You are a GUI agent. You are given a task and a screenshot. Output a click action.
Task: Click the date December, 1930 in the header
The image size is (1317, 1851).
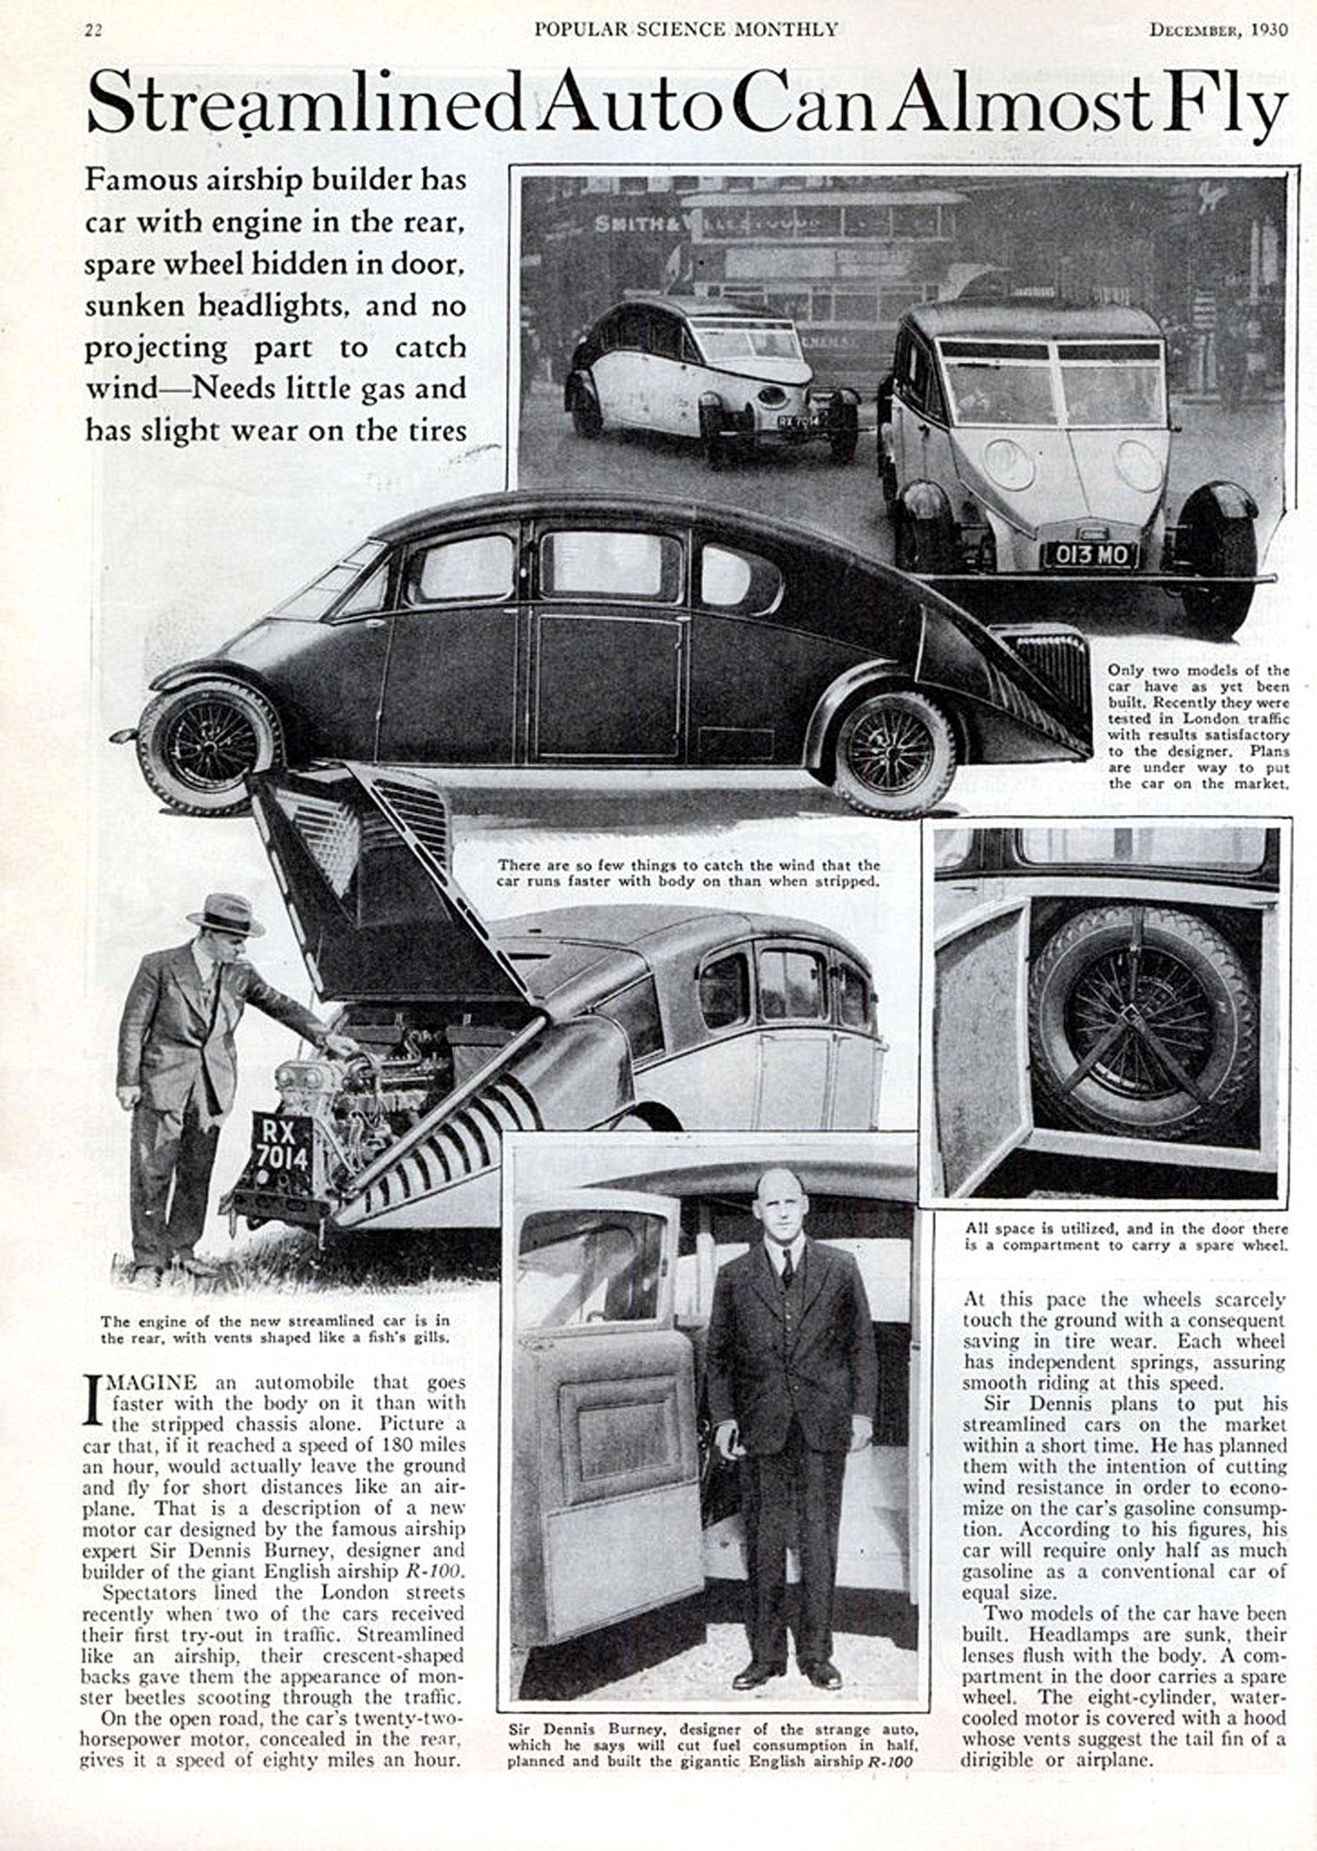pyautogui.click(x=1219, y=30)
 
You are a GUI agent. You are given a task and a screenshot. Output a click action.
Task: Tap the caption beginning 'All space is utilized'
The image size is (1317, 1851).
pyautogui.click(x=1126, y=1237)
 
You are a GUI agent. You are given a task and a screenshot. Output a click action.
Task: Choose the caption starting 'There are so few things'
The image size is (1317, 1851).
pyautogui.click(x=688, y=873)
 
